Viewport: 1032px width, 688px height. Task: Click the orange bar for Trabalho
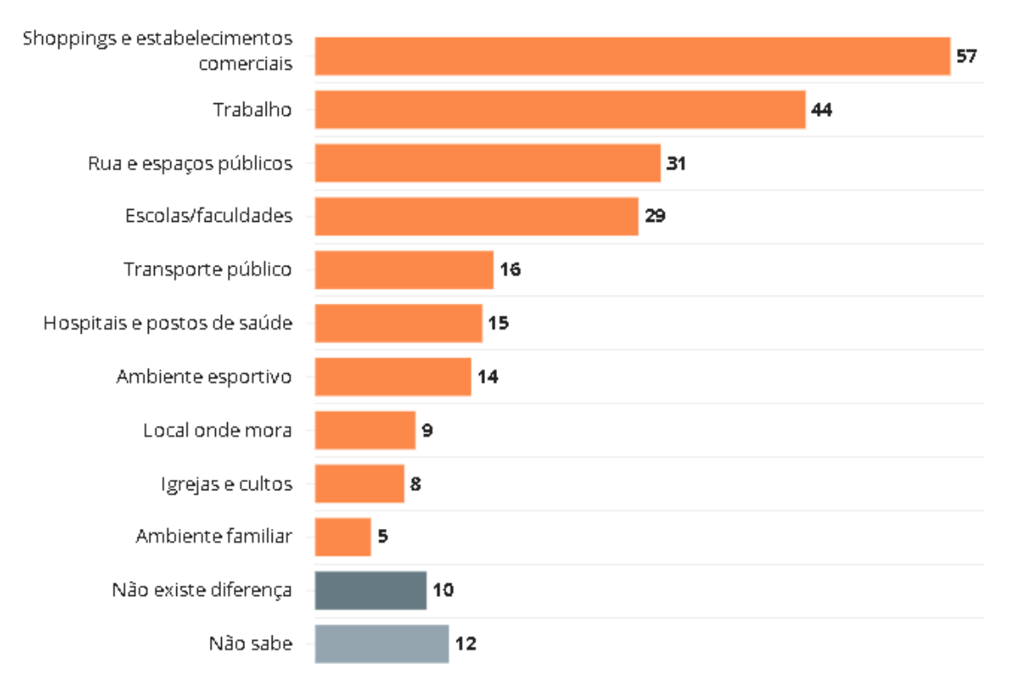(x=560, y=109)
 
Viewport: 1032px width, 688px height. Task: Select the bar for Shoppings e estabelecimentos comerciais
(x=632, y=56)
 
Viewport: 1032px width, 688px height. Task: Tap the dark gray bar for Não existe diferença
(x=371, y=590)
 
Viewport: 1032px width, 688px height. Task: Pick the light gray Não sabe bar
(x=382, y=643)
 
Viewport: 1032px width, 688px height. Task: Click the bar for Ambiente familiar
(x=342, y=537)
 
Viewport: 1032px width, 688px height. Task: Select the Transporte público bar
(x=404, y=269)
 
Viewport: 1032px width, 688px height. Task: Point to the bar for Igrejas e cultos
(x=359, y=483)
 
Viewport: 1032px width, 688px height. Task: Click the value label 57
(x=967, y=57)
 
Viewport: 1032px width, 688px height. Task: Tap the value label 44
(x=821, y=110)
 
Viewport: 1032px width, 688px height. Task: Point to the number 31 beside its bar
(x=676, y=163)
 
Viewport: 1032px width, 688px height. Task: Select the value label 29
(x=654, y=217)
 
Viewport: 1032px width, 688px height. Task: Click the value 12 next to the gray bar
(x=465, y=643)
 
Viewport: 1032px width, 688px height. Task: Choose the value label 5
(x=383, y=537)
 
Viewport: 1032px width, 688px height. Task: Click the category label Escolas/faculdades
(x=209, y=216)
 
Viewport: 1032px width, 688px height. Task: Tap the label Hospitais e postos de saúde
(x=168, y=323)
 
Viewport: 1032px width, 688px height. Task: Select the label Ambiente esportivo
(x=205, y=377)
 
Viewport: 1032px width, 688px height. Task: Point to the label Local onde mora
(x=218, y=430)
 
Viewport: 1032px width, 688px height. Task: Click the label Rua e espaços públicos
(x=190, y=163)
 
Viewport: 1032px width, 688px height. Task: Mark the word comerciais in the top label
(x=245, y=64)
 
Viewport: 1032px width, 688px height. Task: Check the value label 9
(x=427, y=430)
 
